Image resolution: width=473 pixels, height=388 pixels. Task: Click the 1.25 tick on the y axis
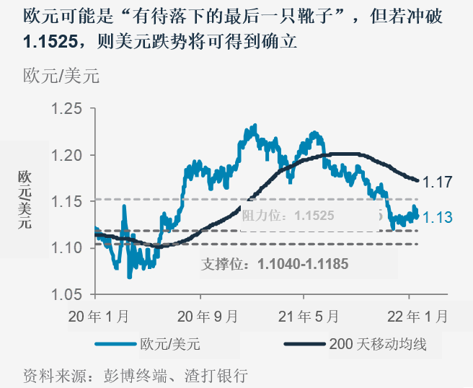coord(69,109)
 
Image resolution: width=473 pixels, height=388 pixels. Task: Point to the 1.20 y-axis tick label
coord(69,155)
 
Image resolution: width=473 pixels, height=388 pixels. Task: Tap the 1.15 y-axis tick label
coord(69,201)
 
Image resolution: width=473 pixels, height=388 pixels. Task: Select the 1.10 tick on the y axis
coord(69,248)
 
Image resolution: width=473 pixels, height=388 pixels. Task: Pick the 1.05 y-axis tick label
coord(69,294)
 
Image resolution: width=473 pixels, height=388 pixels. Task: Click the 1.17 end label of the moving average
coord(437,182)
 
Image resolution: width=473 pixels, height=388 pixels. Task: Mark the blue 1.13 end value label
coord(437,217)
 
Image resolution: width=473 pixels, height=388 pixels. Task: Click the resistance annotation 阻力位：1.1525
coord(288,215)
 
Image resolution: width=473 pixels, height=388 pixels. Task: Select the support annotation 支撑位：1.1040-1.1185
coord(274,264)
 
